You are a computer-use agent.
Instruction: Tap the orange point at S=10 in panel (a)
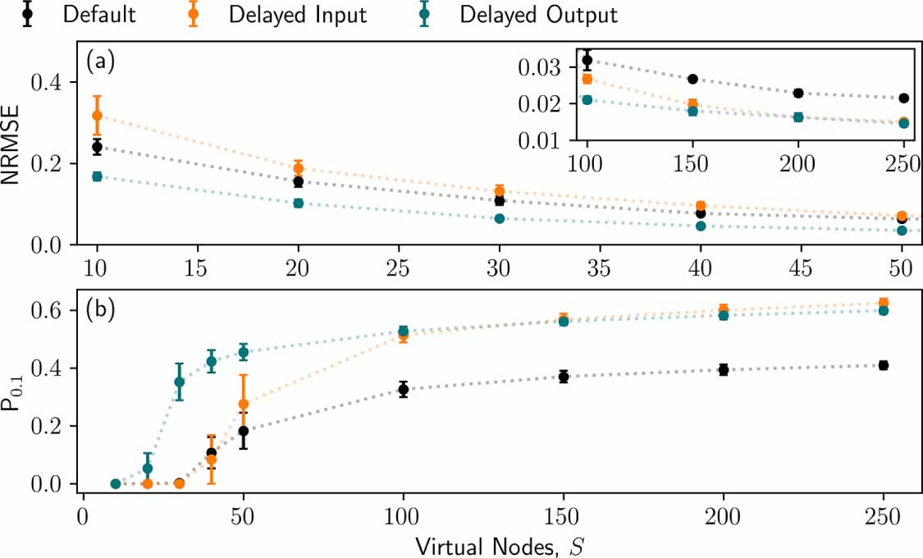[x=97, y=116]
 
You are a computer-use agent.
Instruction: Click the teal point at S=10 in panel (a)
[x=97, y=176]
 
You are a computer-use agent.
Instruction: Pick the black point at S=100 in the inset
[x=587, y=60]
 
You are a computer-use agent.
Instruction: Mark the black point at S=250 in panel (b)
[x=884, y=365]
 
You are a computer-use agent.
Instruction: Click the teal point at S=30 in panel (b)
[x=180, y=382]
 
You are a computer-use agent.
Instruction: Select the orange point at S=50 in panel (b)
[x=243, y=404]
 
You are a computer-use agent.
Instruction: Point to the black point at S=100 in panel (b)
[x=403, y=390]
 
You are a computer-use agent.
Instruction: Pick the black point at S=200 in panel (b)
[x=724, y=369]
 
